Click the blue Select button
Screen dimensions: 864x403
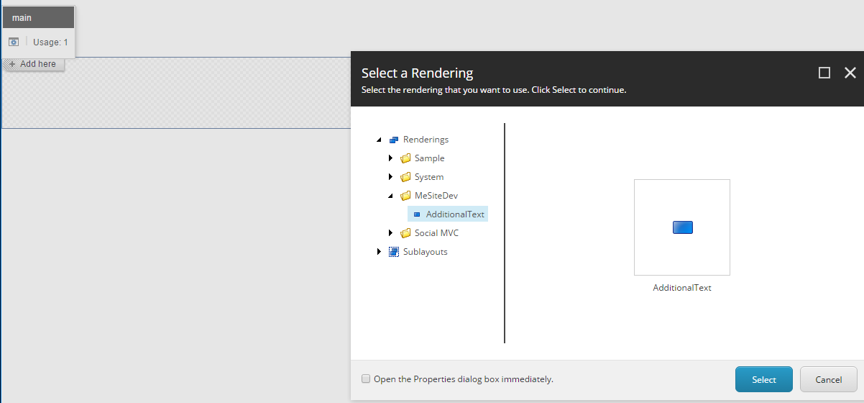click(763, 379)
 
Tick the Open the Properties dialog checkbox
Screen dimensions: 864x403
click(366, 379)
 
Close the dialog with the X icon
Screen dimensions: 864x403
click(850, 73)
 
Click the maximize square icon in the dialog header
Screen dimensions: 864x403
click(824, 73)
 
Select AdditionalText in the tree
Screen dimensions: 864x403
click(455, 214)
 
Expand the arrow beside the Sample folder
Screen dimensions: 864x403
click(390, 158)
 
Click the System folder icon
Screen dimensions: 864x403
click(405, 177)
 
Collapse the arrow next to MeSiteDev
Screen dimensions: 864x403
click(390, 196)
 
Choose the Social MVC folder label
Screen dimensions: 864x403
click(436, 232)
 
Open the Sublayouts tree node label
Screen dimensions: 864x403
click(425, 252)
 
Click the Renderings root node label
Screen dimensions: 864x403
click(426, 140)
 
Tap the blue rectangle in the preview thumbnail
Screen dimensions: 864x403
click(683, 227)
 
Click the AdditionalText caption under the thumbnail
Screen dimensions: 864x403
click(682, 288)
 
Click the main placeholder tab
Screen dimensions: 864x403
click(38, 17)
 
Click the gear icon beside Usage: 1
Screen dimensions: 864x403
click(14, 42)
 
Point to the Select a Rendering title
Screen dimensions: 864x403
click(417, 73)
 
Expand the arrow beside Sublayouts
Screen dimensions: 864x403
click(379, 252)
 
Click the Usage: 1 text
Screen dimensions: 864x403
click(50, 42)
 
